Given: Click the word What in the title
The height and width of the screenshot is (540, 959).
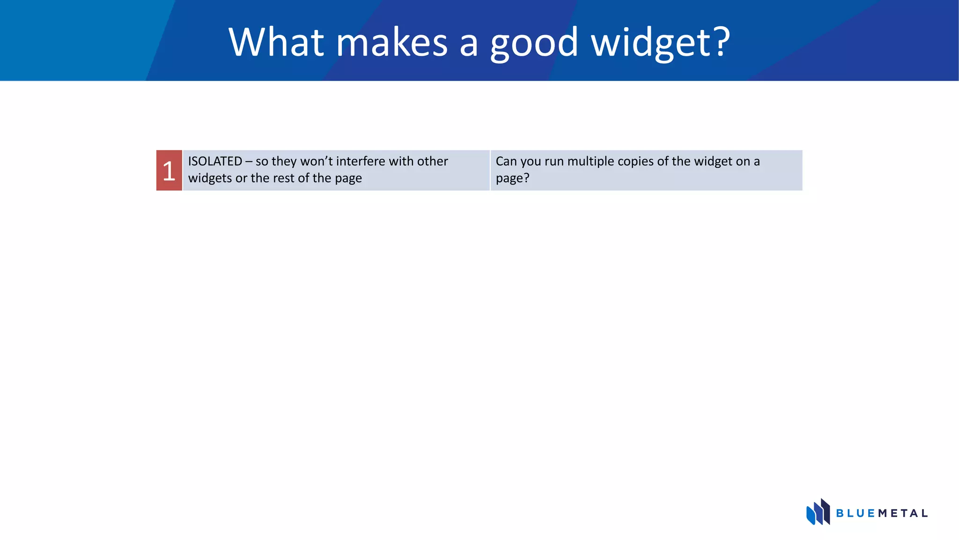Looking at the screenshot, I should click(276, 42).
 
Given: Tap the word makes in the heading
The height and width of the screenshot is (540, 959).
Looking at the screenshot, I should click(392, 42).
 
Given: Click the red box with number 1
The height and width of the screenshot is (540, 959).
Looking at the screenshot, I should click(169, 170).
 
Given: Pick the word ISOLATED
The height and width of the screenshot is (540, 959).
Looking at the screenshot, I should click(215, 161).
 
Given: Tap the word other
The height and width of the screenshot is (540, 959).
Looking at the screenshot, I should click(432, 161).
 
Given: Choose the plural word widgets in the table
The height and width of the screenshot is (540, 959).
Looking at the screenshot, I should click(210, 179).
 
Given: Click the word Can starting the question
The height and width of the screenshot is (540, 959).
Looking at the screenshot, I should click(506, 161).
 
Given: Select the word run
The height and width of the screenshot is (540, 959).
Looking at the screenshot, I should click(554, 162).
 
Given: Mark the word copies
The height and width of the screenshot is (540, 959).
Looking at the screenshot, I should click(635, 162).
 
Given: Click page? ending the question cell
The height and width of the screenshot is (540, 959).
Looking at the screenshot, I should click(512, 179).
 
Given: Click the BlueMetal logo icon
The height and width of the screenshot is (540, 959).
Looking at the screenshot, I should click(818, 512).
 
